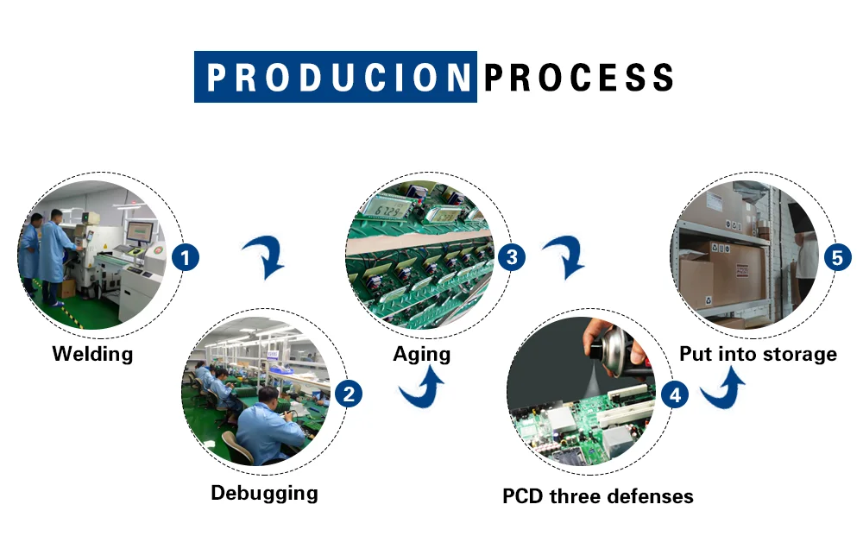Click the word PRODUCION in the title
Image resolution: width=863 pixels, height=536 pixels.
(336, 78)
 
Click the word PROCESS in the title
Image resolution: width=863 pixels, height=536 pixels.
(577, 78)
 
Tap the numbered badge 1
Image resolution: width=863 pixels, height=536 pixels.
(186, 257)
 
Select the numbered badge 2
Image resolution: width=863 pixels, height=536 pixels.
(348, 394)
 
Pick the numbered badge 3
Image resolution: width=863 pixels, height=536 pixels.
(512, 257)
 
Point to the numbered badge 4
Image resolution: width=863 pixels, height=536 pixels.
(674, 394)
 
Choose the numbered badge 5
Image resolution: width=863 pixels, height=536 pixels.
(836, 257)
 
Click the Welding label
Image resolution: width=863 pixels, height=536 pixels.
(92, 354)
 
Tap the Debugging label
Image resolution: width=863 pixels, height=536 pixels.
(264, 494)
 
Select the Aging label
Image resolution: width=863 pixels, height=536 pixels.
(421, 354)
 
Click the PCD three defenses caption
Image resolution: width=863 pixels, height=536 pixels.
(597, 496)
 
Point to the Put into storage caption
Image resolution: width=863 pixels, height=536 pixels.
(758, 354)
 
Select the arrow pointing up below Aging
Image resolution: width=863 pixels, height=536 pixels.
(422, 390)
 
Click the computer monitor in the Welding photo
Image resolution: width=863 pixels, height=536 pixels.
(140, 231)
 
